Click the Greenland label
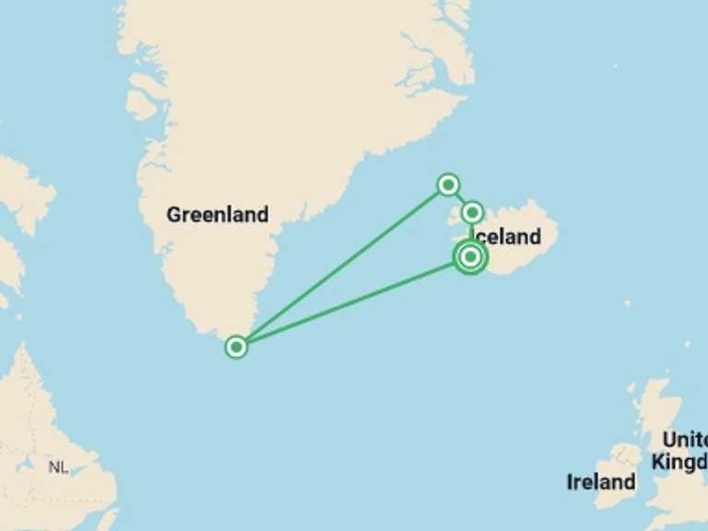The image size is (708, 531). coord(218,215)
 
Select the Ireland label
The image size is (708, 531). coord(601,481)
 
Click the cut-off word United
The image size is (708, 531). coord(684,439)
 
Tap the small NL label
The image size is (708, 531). coord(58,467)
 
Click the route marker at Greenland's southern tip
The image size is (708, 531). coord(237,347)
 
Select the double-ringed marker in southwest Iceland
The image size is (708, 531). coord(470,256)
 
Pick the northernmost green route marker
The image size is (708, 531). coord(448,184)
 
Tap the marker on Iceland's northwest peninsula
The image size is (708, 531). coord(472,213)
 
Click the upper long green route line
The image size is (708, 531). coord(342,265)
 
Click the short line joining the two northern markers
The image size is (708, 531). coord(460,199)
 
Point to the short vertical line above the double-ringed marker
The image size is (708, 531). coord(471,231)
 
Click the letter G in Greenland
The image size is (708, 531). coord(173,215)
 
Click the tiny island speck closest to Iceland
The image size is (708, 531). coord(627,302)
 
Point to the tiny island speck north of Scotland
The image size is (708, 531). coord(687,345)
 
